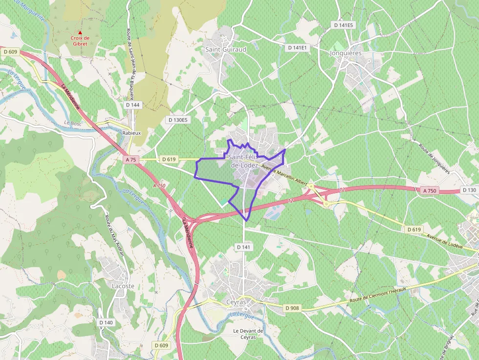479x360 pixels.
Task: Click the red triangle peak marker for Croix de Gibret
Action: (x=80, y=33)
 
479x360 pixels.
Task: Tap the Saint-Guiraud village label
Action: (x=225, y=49)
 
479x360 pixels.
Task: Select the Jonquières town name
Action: (x=346, y=53)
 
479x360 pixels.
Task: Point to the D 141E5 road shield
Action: (x=344, y=24)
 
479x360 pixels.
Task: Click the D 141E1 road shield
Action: (x=298, y=47)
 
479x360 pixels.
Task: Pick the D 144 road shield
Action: (x=132, y=105)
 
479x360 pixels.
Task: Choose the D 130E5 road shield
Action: (x=177, y=119)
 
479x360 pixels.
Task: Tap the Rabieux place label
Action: (x=131, y=133)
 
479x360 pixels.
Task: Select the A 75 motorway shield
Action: (x=131, y=159)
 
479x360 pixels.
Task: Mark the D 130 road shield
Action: (x=469, y=190)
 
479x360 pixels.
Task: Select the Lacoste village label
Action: (x=123, y=286)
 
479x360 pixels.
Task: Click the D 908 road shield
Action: (x=292, y=308)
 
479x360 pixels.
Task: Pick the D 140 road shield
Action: (x=106, y=322)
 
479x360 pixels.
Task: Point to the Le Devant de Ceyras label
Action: (x=248, y=334)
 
